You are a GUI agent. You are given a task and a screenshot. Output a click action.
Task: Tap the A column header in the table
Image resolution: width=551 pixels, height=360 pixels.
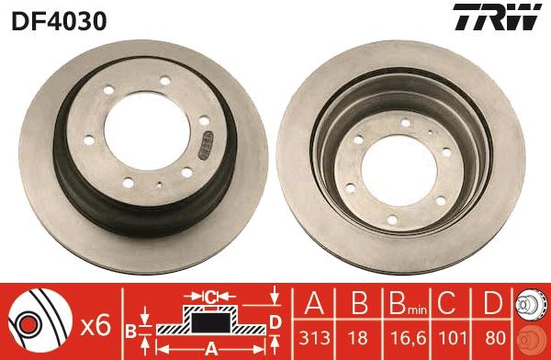tap(313, 303)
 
